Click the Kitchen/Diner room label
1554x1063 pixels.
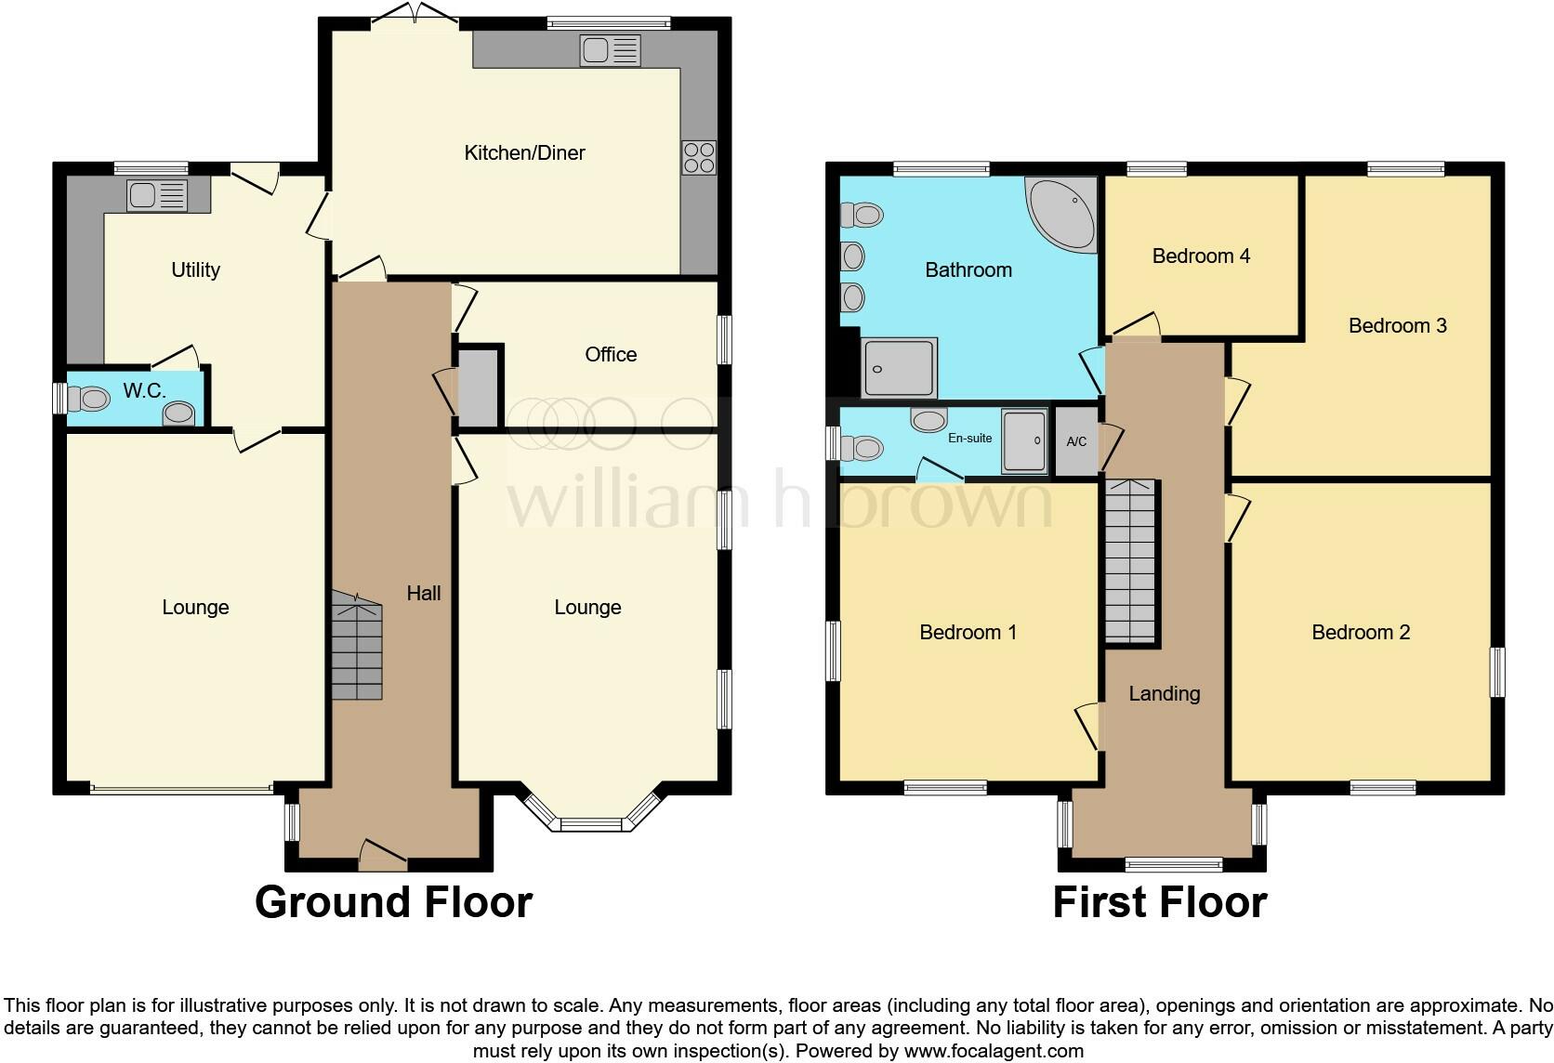pyautogui.click(x=524, y=152)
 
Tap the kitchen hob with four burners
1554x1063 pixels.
pyautogui.click(x=699, y=157)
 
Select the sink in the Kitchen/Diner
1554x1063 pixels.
pyautogui.click(x=610, y=49)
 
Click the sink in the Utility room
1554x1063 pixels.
pyautogui.click(x=157, y=195)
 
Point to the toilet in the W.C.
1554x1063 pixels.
pyautogui.click(x=90, y=400)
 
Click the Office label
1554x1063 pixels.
pyautogui.click(x=611, y=354)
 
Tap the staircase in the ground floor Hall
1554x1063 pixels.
pyautogui.click(x=357, y=648)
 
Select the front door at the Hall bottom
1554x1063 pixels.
pyautogui.click(x=382, y=856)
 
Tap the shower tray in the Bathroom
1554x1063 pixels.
pyautogui.click(x=899, y=367)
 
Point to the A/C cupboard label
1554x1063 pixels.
pyautogui.click(x=1076, y=441)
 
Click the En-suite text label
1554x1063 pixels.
pyautogui.click(x=969, y=438)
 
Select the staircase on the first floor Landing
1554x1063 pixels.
pyautogui.click(x=1130, y=562)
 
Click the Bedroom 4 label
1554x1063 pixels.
pyautogui.click(x=1201, y=256)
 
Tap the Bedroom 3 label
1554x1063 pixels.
pyautogui.click(x=1397, y=325)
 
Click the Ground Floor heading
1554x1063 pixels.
pyautogui.click(x=393, y=902)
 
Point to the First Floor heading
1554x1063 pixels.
pyautogui.click(x=1159, y=902)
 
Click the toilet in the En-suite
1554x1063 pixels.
pyautogui.click(x=861, y=448)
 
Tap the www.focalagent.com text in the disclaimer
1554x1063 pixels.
pyautogui.click(x=993, y=1051)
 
